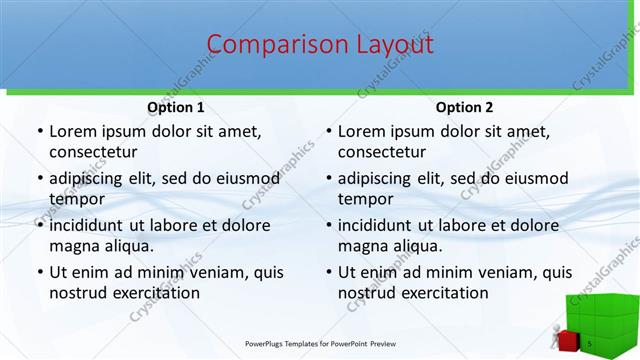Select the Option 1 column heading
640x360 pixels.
[x=175, y=107]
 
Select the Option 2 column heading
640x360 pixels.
[x=464, y=107]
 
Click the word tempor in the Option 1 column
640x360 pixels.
[x=76, y=199]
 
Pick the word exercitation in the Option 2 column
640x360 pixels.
[x=441, y=293]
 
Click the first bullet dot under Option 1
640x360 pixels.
[x=39, y=131]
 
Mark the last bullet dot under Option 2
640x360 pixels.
[x=328, y=272]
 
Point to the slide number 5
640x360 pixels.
[x=590, y=344]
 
